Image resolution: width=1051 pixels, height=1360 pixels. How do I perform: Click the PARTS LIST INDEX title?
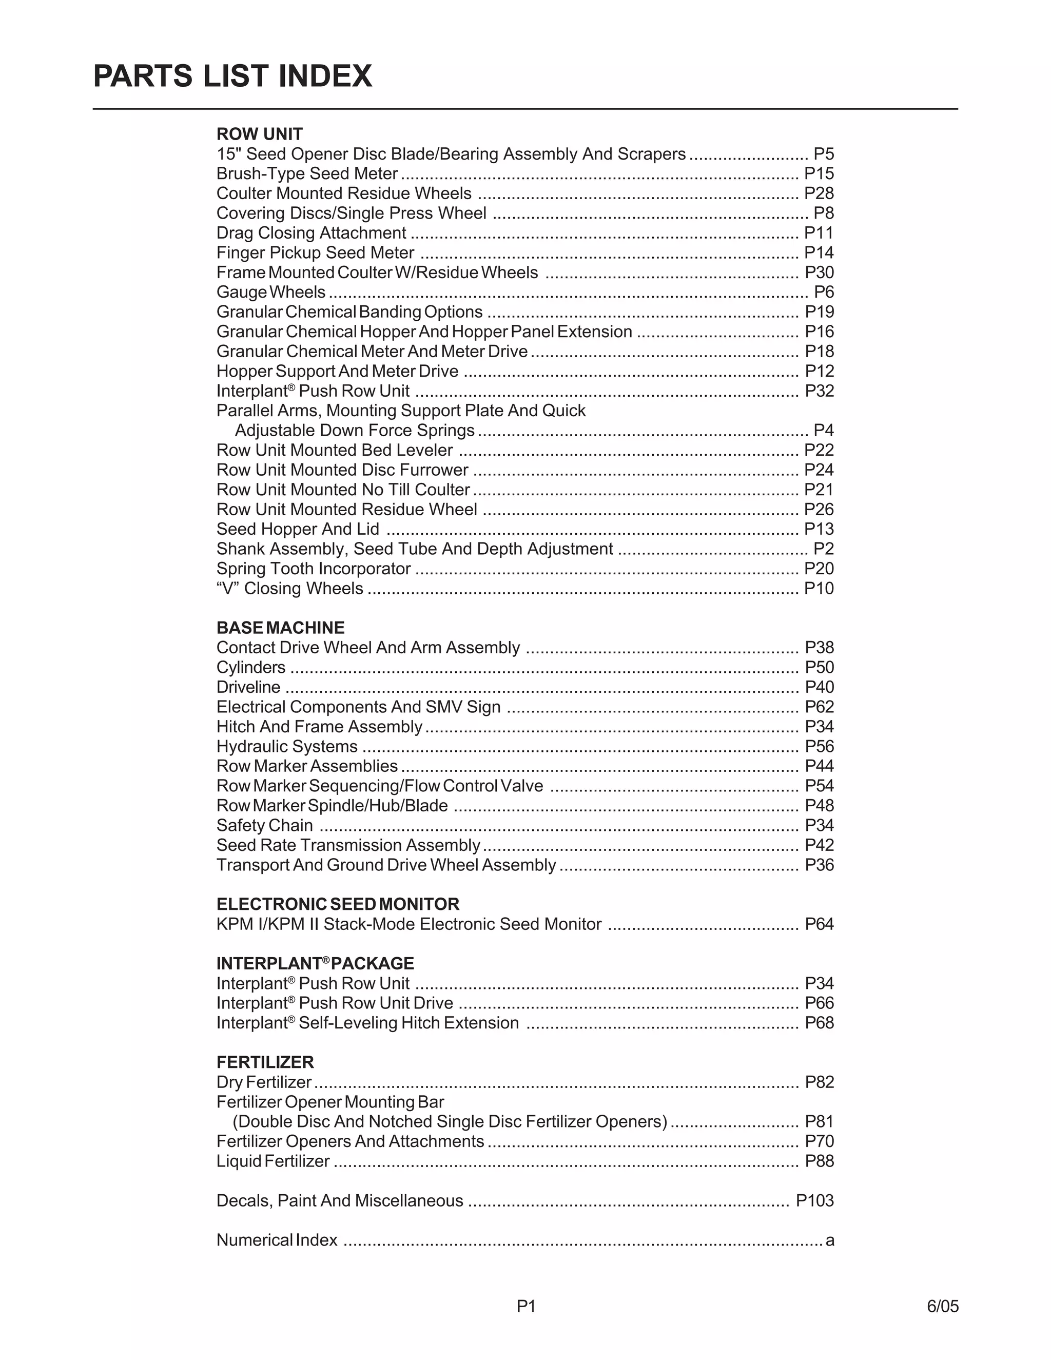(x=232, y=76)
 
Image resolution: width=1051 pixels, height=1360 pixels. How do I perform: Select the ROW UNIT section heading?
(x=259, y=134)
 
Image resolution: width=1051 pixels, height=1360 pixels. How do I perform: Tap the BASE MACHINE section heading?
(x=280, y=628)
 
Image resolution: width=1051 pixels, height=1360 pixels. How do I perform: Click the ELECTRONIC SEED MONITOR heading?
(x=338, y=904)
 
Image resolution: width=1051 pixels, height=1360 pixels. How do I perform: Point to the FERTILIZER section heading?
(x=265, y=1062)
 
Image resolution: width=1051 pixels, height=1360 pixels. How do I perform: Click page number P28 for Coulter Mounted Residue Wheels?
(x=819, y=193)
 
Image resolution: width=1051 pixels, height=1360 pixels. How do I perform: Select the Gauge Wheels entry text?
(x=271, y=292)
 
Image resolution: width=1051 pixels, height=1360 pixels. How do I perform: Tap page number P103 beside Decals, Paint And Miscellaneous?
(x=814, y=1200)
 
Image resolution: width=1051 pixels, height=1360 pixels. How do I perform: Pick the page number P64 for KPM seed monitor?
(x=819, y=924)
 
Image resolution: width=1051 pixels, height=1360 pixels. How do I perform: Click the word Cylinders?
(x=251, y=668)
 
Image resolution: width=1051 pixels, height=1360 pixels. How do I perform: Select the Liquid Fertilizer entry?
(x=273, y=1161)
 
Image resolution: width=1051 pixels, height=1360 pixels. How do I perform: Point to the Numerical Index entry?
(x=277, y=1240)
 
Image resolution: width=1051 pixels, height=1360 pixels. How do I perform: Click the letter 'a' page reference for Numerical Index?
(x=829, y=1240)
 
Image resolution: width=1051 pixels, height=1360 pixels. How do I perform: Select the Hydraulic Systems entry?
(x=287, y=746)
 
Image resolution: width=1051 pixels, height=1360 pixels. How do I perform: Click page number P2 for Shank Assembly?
(x=823, y=549)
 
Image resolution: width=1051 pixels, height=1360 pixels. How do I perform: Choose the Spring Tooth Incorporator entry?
(x=313, y=569)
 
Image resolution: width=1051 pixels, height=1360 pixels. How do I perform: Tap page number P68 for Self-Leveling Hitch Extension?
(x=819, y=1023)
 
